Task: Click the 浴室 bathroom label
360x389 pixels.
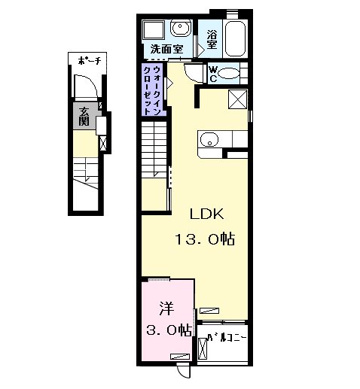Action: (x=212, y=40)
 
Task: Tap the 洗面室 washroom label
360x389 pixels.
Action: (x=166, y=49)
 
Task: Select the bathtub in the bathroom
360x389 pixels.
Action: (x=235, y=38)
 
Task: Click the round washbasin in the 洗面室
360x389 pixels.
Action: (x=180, y=28)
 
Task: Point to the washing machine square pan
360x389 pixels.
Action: (x=154, y=30)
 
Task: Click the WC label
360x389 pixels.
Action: (x=213, y=74)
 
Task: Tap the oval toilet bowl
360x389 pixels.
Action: (x=228, y=74)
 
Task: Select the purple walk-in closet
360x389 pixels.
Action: (x=154, y=90)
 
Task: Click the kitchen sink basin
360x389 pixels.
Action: (x=209, y=139)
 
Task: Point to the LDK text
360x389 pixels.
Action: (x=206, y=214)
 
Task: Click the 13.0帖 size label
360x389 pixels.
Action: (x=205, y=239)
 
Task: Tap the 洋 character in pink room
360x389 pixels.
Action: (x=166, y=308)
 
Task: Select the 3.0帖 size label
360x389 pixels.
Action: (x=169, y=330)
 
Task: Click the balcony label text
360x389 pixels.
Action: (x=227, y=338)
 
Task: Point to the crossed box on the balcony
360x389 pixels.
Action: (x=203, y=348)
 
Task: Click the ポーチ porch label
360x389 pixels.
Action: (x=90, y=60)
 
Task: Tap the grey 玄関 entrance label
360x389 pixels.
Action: (x=84, y=117)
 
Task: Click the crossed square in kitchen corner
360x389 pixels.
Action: (x=237, y=99)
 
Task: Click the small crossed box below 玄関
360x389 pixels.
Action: (x=103, y=144)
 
